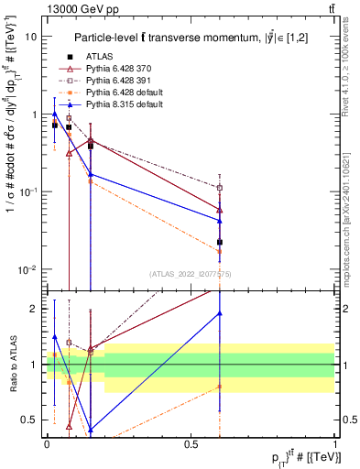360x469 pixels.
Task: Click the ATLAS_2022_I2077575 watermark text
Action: point(191,273)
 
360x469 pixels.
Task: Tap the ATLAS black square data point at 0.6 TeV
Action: point(220,242)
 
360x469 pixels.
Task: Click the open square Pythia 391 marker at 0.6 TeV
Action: point(220,188)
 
